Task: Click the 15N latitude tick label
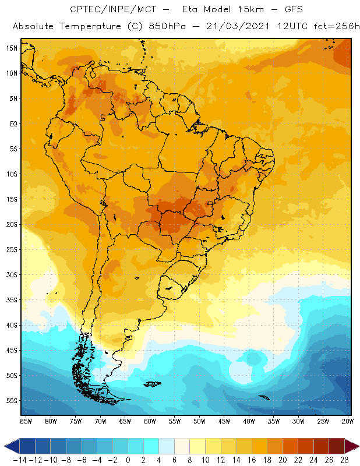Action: (x=11, y=48)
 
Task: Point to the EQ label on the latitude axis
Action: (x=12, y=123)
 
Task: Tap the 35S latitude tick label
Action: (x=11, y=300)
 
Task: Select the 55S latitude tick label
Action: (x=11, y=401)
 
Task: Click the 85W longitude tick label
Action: (x=26, y=421)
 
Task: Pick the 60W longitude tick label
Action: (x=150, y=421)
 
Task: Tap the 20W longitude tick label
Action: (x=348, y=421)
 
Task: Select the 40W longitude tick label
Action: (x=249, y=421)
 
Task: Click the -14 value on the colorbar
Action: (x=20, y=460)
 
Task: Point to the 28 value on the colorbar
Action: (x=343, y=460)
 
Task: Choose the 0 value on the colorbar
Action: (x=128, y=460)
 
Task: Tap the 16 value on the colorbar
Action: (x=252, y=460)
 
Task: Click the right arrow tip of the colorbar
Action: (x=356, y=446)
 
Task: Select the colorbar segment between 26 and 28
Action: (x=336, y=446)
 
